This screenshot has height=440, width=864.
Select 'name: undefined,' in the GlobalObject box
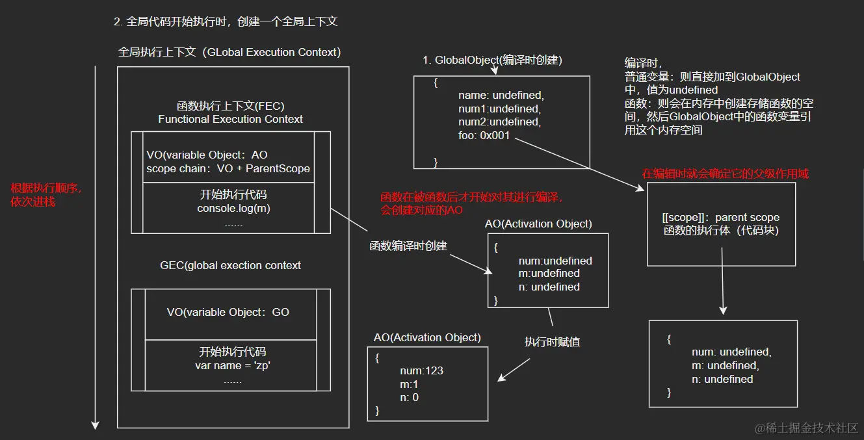pos(500,96)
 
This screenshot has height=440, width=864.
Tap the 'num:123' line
pos(421,370)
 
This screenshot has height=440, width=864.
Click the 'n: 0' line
pos(409,397)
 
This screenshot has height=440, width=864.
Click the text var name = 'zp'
pos(232,365)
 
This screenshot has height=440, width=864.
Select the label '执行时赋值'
pos(552,342)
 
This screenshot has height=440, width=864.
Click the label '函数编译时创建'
pos(408,246)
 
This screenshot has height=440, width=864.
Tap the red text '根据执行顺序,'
pos(46,188)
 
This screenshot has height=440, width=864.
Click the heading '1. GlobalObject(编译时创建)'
pos(492,60)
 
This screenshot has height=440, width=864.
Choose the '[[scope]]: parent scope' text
pos(720,217)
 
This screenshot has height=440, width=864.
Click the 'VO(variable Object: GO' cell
pos(228,312)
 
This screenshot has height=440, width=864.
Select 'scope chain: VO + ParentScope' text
pos(228,168)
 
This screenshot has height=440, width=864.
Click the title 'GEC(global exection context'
pos(230,265)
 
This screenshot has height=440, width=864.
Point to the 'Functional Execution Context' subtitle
pos(230,119)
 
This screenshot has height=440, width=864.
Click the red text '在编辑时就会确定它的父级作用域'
pos(725,174)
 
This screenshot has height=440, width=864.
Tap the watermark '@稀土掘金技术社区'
pos(806,428)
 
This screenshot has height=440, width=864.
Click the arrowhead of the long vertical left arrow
pos(95,425)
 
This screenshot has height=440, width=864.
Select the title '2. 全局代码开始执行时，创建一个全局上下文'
pos(226,21)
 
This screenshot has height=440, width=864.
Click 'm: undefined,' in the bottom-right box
pos(725,365)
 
